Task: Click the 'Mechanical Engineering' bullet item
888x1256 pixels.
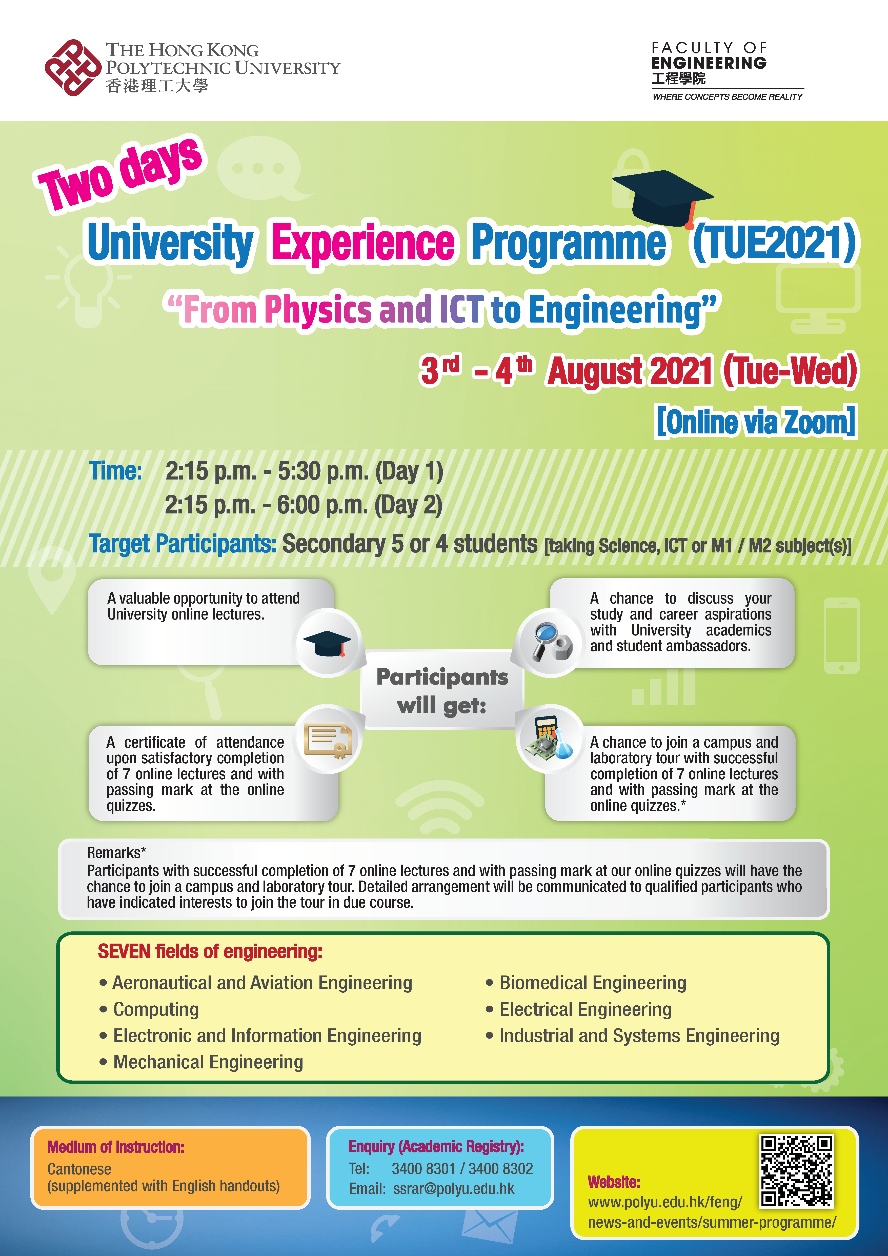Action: [201, 1062]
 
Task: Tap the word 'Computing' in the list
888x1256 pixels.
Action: [156, 1009]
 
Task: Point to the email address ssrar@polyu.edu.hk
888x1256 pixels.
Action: [454, 1189]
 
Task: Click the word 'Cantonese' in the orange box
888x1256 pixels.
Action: [79, 1169]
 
